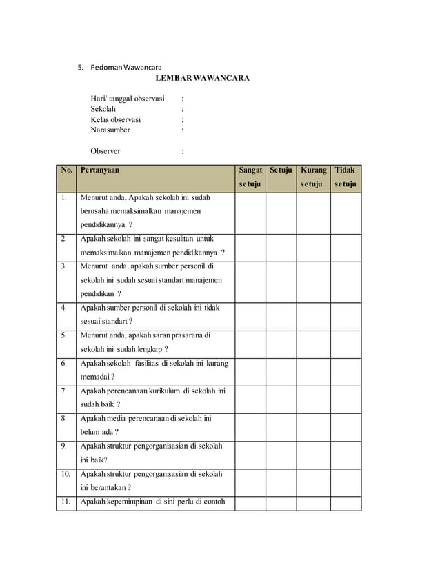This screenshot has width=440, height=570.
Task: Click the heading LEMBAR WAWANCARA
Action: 201,79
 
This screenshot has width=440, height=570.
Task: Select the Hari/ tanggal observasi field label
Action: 128,99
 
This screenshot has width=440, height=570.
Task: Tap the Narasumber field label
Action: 110,130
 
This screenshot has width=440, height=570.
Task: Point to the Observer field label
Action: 106,150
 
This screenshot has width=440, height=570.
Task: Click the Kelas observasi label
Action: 116,119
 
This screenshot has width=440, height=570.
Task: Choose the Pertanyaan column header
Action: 99,169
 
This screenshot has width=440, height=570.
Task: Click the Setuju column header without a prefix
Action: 281,169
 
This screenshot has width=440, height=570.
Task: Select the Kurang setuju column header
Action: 313,177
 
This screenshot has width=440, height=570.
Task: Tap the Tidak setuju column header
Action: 345,177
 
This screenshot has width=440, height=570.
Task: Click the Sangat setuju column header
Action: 250,177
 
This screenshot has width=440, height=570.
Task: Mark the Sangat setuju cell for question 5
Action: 250,343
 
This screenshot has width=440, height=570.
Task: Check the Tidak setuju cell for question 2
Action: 346,246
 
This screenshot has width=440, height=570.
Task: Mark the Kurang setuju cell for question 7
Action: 313,398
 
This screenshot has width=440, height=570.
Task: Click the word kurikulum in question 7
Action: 169,391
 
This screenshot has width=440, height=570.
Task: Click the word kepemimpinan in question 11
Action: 128,502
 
